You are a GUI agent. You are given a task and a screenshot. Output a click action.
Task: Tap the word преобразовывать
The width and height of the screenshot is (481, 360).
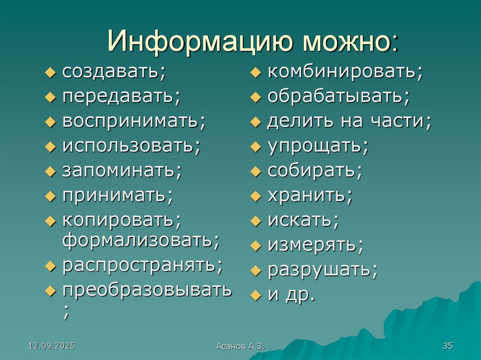pos(147,290)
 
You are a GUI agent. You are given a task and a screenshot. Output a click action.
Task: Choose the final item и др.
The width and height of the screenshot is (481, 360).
pos(291,294)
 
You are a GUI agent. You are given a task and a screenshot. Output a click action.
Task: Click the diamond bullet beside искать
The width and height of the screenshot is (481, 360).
pos(255,220)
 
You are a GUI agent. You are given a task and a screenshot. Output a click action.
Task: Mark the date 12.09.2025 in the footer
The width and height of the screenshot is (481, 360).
pos(52,346)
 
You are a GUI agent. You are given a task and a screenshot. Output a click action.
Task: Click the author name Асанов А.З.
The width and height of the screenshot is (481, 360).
pos(241,347)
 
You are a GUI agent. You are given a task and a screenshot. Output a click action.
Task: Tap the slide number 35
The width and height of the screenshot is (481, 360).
pos(448,346)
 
